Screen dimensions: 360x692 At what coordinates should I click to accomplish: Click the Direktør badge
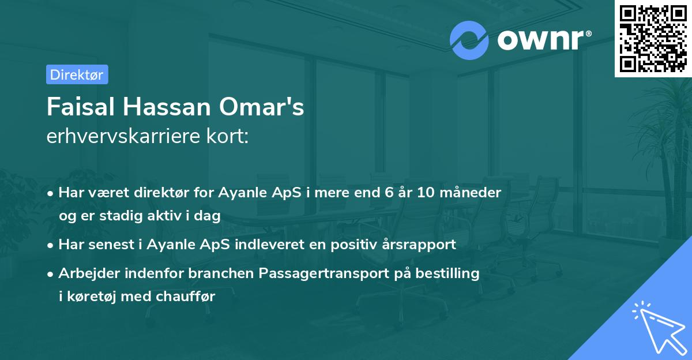tap(76, 74)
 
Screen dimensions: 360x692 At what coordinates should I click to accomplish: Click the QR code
tap(653, 38)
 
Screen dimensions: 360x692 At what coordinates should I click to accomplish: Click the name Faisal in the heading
tap(80, 107)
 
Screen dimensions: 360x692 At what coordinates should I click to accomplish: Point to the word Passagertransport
tap(326, 273)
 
